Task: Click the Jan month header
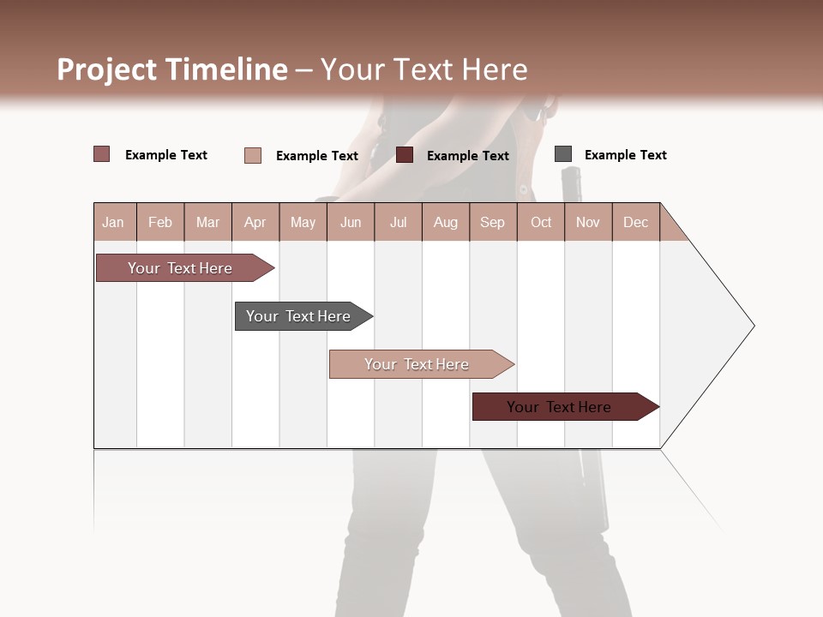(113, 222)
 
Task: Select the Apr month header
(255, 222)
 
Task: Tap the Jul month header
(398, 222)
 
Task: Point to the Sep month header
(492, 222)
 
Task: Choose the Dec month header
(635, 222)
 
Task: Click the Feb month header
(160, 222)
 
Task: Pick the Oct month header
(541, 222)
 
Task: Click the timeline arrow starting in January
(180, 268)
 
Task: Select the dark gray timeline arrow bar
(298, 316)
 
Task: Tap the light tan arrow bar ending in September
(417, 364)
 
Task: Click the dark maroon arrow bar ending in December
(559, 407)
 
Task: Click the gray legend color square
(563, 154)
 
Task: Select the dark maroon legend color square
(405, 155)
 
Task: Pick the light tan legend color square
(253, 155)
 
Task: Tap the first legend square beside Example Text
(102, 154)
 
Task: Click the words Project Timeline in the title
(171, 69)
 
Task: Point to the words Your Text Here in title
(424, 69)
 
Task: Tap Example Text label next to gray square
(625, 155)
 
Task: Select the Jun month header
(351, 222)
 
